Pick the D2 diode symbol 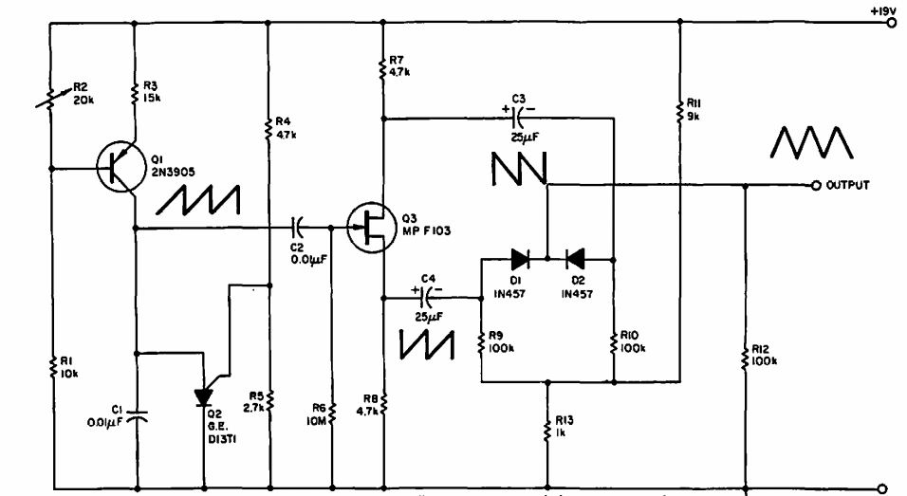pyautogui.click(x=574, y=257)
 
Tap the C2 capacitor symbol pyautogui.click(x=298, y=228)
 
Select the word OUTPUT pyautogui.click(x=849, y=185)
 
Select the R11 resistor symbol pyautogui.click(x=679, y=111)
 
